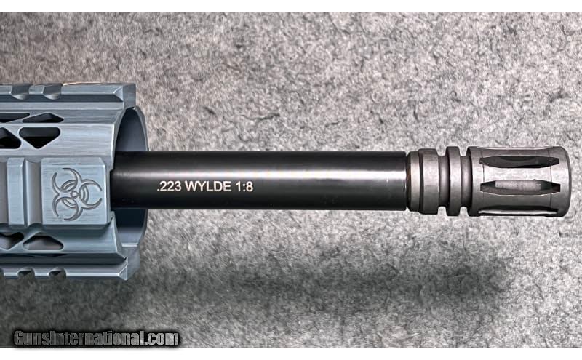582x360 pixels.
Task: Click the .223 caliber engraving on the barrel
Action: (169, 186)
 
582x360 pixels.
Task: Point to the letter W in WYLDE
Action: (191, 186)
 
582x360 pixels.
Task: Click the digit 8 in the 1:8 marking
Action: (250, 186)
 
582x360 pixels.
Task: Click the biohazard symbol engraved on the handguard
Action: (76, 194)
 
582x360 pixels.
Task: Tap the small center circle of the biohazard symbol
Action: (76, 194)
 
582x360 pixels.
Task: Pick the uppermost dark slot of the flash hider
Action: (519, 161)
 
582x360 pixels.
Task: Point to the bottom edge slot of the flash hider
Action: (519, 211)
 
